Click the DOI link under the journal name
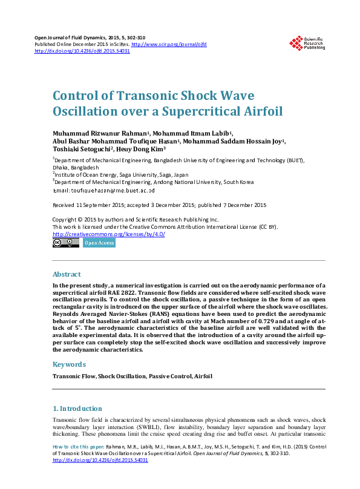[82, 51]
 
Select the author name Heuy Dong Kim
[142, 149]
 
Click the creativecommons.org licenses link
[109, 234]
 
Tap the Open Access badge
[99, 243]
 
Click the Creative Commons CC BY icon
[66, 243]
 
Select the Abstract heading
[67, 274]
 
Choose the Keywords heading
[69, 364]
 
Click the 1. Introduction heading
[77, 409]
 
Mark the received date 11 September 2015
[102, 205]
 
